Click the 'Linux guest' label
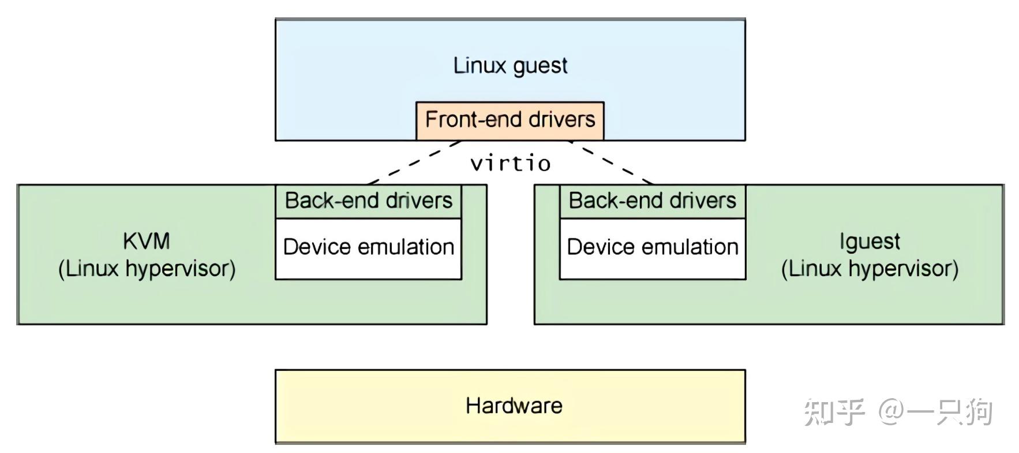510,65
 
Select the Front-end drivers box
510,120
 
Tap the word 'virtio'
510,164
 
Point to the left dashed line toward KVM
413,162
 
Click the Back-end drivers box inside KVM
368,201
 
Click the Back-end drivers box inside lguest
653,201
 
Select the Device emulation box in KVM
368,248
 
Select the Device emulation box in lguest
653,248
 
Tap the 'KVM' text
147,241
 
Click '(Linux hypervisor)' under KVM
147,269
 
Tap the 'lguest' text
870,241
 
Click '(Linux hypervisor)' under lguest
870,269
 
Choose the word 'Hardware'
514,406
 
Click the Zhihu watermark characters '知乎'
834,412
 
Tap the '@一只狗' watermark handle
935,412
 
